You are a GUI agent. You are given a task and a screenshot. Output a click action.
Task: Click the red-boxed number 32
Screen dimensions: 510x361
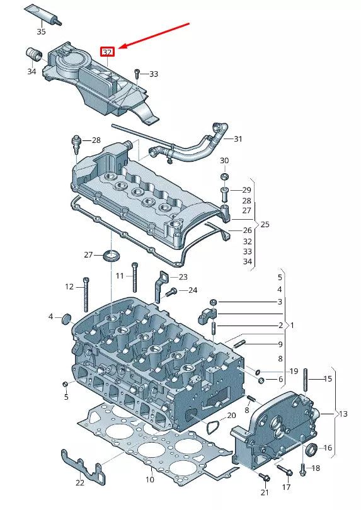(108, 52)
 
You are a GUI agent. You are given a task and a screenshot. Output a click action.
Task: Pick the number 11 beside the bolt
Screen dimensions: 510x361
(120, 276)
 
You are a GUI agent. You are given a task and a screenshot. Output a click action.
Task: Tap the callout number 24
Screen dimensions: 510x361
(193, 290)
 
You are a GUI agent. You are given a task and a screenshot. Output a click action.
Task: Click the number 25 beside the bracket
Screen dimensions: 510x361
(265, 224)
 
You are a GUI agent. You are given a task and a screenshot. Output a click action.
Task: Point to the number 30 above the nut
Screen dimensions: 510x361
(225, 161)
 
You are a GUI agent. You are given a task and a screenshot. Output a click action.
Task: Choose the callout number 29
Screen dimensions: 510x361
(246, 190)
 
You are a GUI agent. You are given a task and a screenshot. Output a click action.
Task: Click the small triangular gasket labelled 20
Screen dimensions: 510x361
(214, 426)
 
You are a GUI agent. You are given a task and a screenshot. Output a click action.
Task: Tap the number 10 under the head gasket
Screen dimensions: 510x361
(150, 480)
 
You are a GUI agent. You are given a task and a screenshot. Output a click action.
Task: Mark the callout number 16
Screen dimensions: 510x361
(327, 448)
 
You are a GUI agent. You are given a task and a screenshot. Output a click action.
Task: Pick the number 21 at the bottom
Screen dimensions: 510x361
(265, 492)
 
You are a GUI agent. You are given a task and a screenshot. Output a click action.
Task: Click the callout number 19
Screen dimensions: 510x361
(294, 371)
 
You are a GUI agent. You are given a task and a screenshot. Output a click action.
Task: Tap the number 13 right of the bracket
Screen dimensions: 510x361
(343, 414)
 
